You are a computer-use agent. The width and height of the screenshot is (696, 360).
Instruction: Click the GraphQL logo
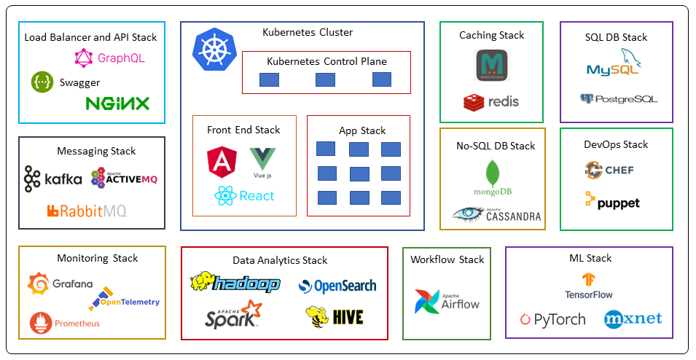coord(109,58)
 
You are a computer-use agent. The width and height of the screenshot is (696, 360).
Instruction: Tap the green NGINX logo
coord(117,103)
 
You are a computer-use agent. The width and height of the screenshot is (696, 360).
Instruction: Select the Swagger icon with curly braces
coord(42,82)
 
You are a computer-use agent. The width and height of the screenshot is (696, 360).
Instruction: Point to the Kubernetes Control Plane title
coord(327,61)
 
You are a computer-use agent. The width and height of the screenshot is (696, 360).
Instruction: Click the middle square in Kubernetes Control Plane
coord(325,79)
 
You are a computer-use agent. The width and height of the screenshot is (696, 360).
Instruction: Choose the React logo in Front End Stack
coord(244,195)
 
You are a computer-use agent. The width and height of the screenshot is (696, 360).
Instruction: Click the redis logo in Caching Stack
coord(491,101)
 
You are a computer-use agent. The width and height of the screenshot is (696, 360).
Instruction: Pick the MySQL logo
coord(614,64)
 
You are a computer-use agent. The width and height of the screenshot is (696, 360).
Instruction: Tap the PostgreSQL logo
coord(618,98)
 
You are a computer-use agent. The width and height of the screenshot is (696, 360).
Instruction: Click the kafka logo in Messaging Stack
coord(52,179)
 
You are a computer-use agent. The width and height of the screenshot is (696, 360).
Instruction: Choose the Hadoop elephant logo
coord(235,283)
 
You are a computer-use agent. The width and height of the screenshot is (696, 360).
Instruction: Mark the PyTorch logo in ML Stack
coord(552,319)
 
